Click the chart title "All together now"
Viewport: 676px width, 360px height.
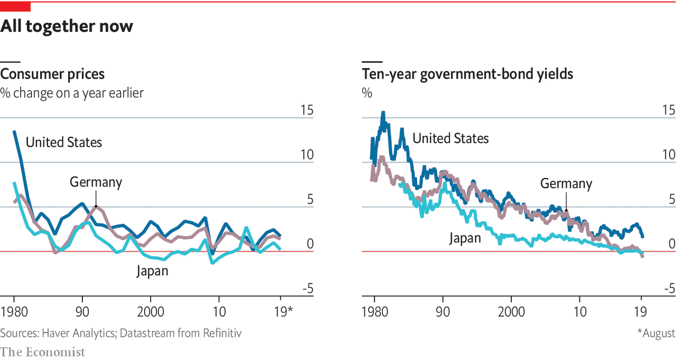coord(67,26)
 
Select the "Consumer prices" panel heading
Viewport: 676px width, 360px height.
coord(52,74)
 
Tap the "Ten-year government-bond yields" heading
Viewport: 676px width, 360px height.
coord(467,74)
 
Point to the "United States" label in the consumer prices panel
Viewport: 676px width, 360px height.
coord(64,142)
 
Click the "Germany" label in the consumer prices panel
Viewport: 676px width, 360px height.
coord(96,183)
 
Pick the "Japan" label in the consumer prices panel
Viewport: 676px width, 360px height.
coord(152,271)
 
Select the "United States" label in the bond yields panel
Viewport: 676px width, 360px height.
coord(450,139)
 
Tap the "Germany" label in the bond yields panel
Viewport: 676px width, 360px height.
coord(566,184)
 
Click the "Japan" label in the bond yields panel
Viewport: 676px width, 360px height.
coord(465,238)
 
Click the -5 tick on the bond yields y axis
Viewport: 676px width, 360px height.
coord(667,289)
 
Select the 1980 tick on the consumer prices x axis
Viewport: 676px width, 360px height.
coord(15,311)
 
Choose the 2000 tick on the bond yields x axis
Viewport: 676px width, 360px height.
coord(511,311)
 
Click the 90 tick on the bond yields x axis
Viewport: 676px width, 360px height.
coord(443,311)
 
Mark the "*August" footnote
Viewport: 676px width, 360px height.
coord(656,333)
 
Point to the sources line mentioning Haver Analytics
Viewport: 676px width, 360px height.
coord(121,333)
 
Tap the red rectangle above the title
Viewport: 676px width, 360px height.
coord(15,7)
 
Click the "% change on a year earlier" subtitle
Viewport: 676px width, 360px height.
coord(72,93)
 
